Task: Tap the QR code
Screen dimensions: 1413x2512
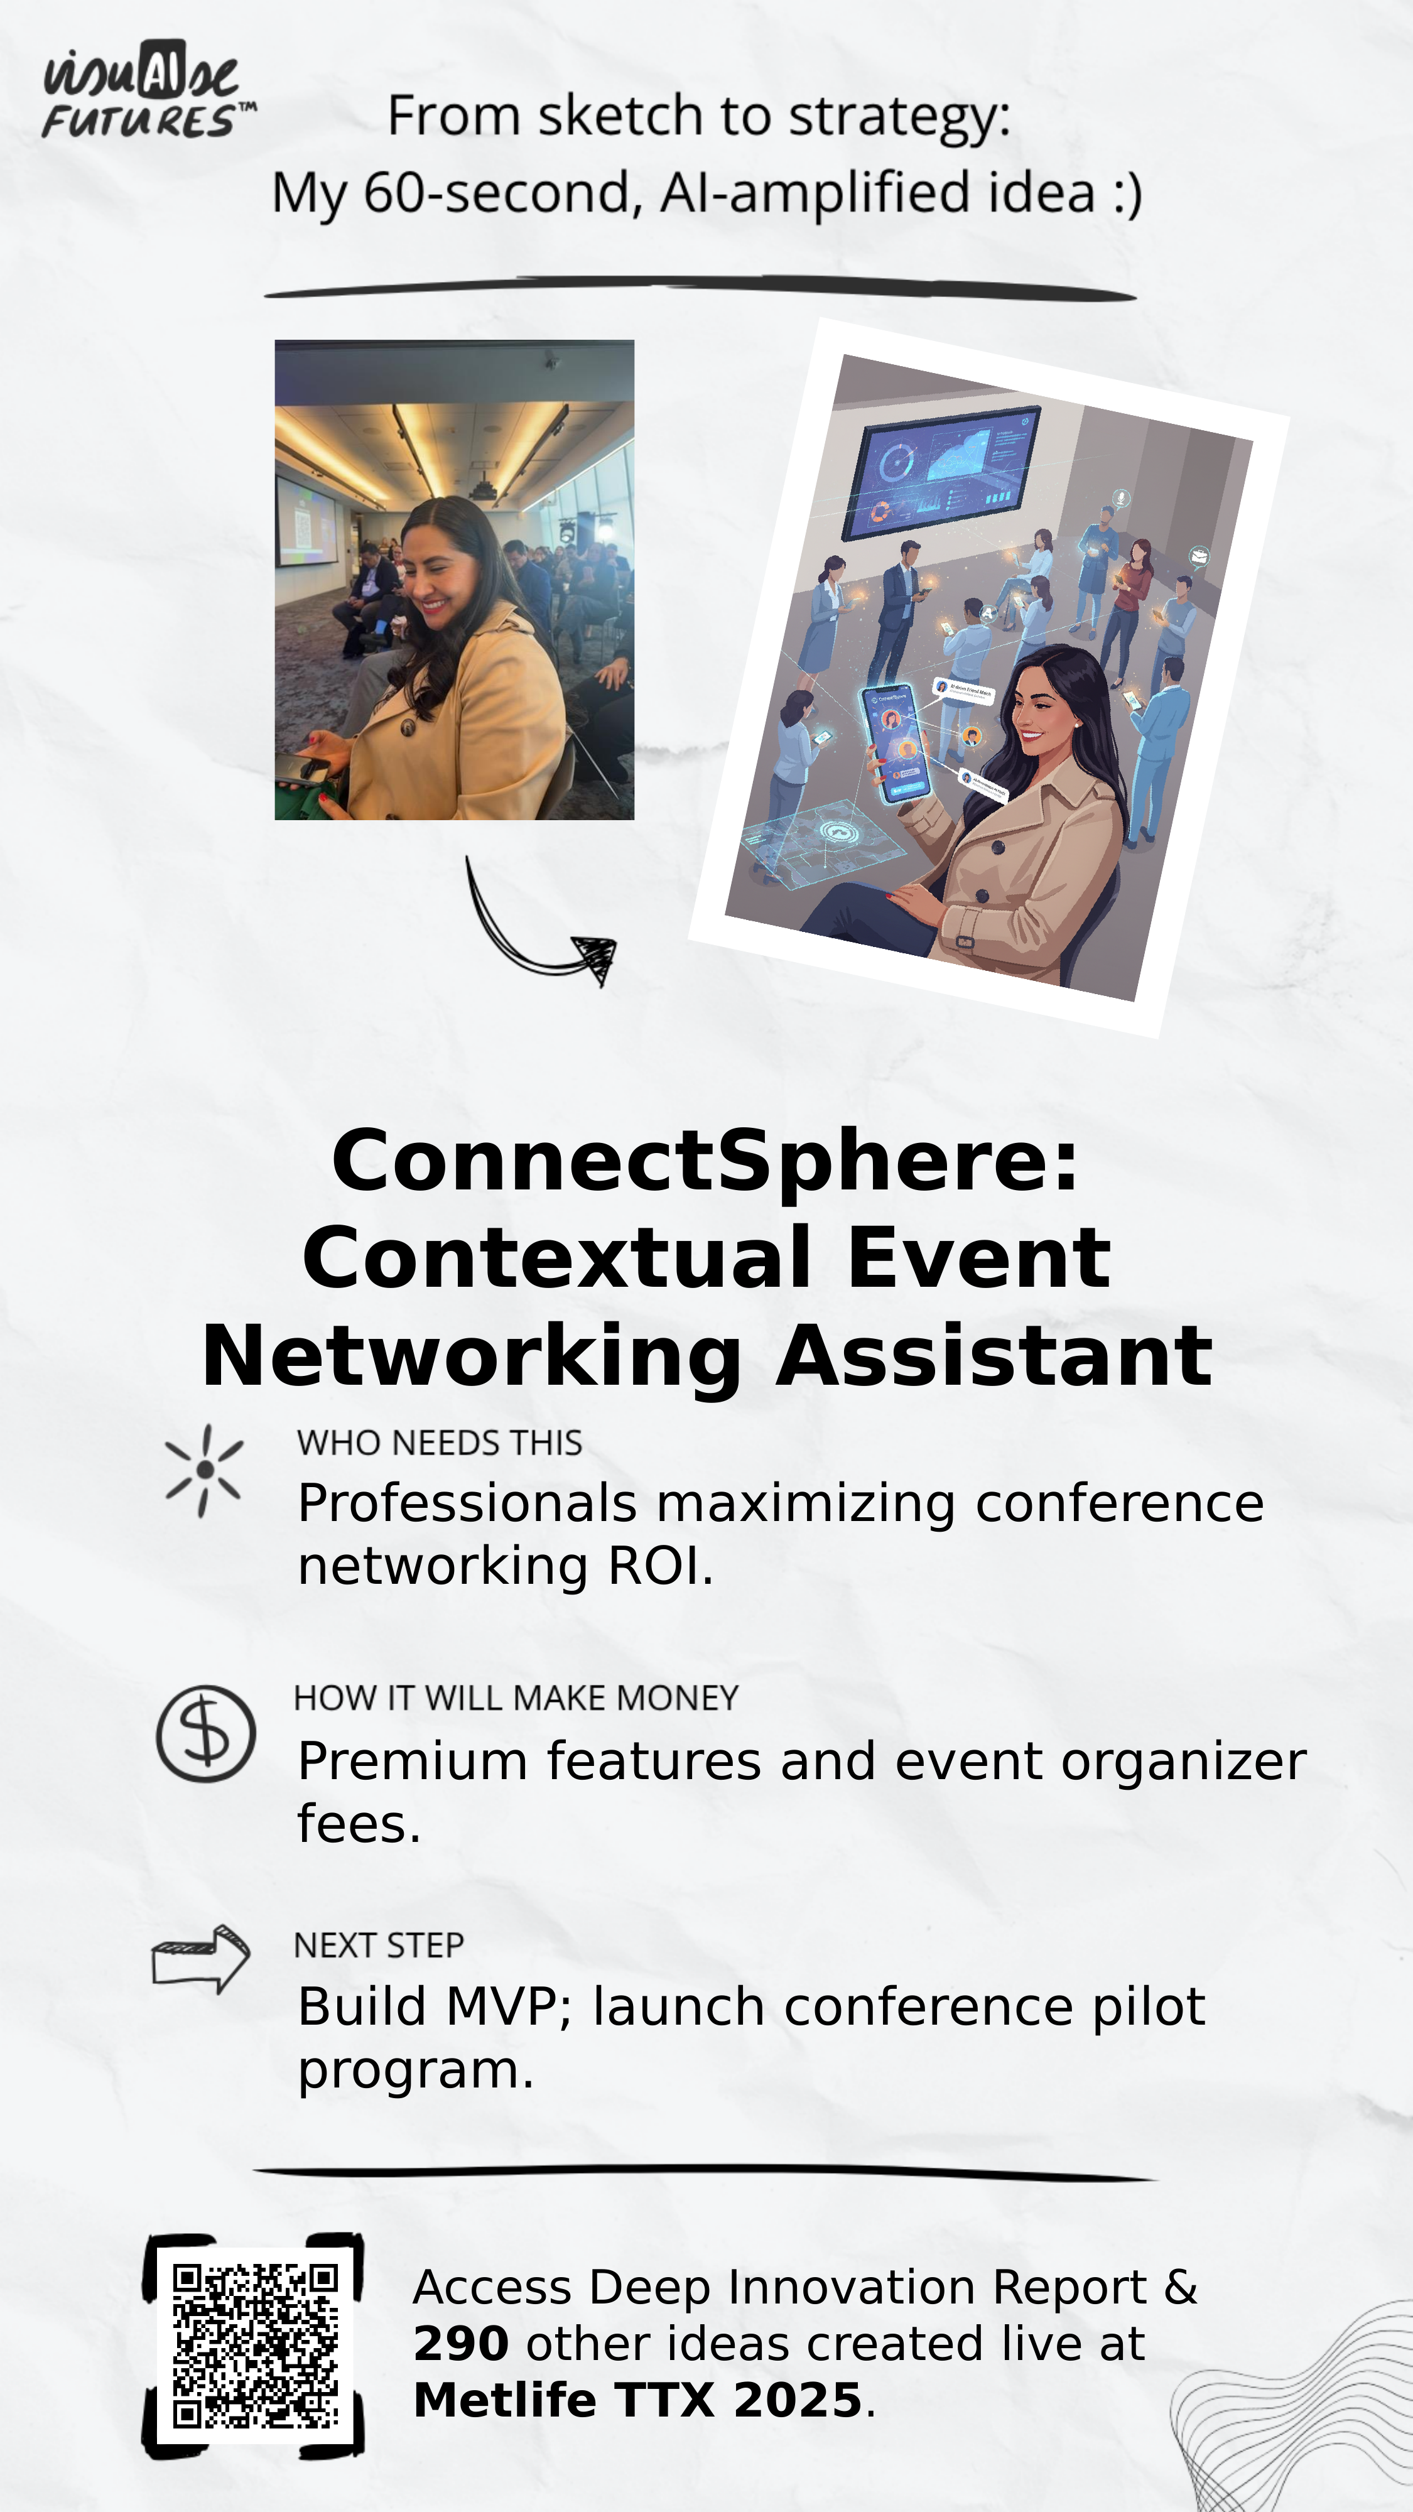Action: coord(256,2345)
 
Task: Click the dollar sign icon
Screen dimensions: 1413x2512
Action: coord(206,1735)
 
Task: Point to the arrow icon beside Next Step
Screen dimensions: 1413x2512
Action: coord(201,1958)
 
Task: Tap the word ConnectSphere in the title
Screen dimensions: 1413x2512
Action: coord(704,1161)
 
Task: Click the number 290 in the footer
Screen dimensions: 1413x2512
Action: coord(460,2343)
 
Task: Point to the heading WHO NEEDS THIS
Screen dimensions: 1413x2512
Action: coord(439,1443)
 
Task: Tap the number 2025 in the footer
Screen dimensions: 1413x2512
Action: coord(798,2400)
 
